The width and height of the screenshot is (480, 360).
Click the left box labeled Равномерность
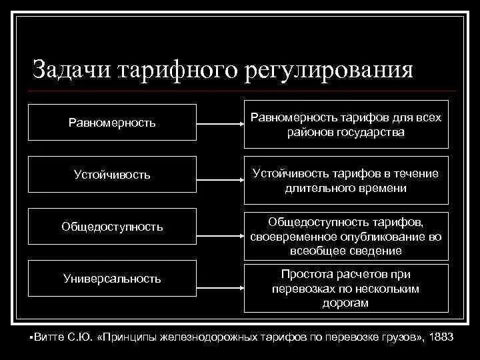(x=112, y=123)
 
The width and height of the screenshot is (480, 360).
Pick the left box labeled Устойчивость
(x=112, y=175)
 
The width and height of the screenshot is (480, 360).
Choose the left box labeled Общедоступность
(x=112, y=227)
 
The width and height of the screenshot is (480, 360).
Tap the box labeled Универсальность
(x=112, y=278)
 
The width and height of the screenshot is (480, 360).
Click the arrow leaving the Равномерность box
(x=220, y=123)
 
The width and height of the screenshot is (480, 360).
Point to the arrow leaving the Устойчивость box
(x=220, y=175)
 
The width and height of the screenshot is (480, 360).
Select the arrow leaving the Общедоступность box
(x=220, y=227)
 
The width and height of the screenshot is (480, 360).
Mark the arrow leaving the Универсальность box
(x=220, y=278)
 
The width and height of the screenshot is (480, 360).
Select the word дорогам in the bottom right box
(x=345, y=303)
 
